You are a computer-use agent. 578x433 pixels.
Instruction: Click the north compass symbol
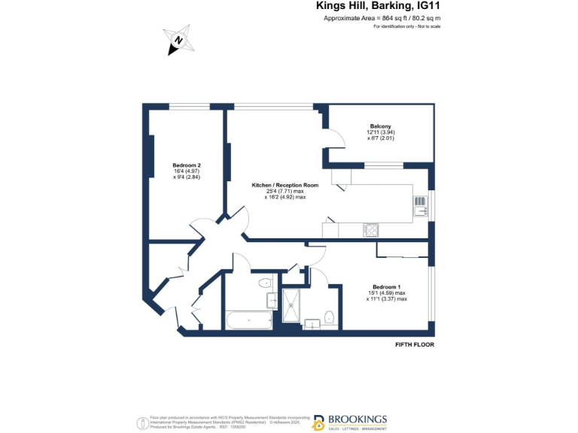coord(179,41)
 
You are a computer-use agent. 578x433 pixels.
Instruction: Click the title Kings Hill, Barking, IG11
coord(378,6)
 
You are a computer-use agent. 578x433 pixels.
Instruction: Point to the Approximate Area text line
coord(382,17)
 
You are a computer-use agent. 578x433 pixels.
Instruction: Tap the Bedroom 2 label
coord(187,165)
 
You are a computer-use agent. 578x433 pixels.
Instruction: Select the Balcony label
coord(380,126)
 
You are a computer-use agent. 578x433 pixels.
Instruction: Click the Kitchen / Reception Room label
coord(285,185)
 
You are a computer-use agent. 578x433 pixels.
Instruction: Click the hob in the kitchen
coord(371,229)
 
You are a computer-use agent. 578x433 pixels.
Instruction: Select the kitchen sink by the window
coord(419,204)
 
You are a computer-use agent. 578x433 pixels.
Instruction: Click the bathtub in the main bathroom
coord(249,321)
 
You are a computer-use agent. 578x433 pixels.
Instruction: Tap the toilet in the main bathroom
coord(264,283)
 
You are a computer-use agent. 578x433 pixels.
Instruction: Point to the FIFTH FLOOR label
coord(415,344)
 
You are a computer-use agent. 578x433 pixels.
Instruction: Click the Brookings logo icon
coord(318,422)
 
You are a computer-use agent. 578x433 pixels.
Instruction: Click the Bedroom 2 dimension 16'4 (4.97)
coord(186,171)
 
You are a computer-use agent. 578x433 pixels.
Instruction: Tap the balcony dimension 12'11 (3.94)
coord(380,132)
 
